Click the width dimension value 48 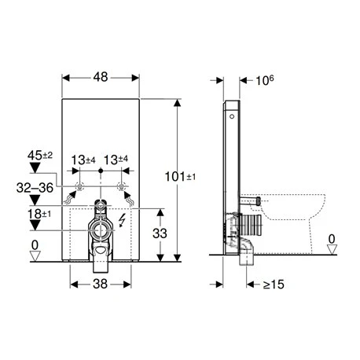101,77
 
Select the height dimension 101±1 180,177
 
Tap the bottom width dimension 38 101,284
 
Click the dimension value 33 160,233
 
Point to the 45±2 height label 40,156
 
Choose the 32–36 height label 35,188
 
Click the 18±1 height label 39,214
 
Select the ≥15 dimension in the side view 274,285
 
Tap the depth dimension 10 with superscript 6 265,80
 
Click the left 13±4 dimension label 83,160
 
